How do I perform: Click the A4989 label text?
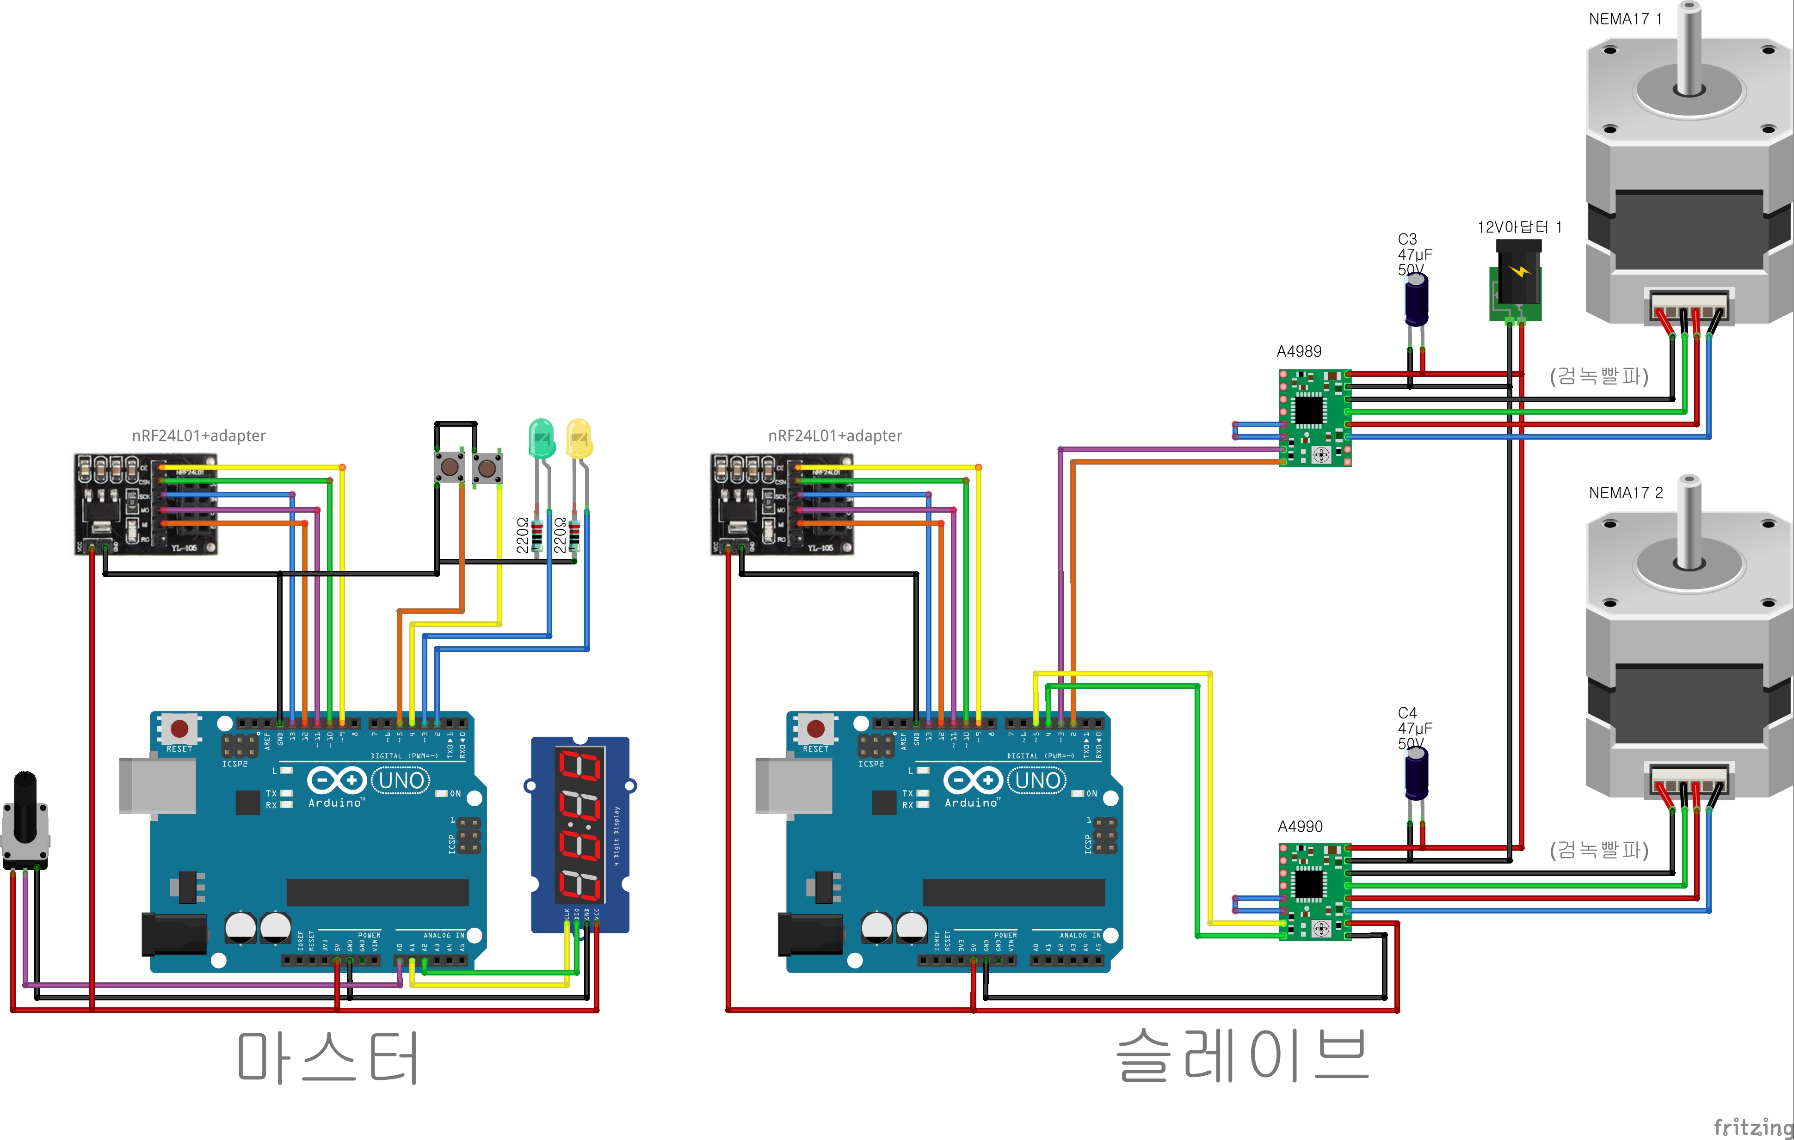click(1299, 351)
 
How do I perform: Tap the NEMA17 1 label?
click(1625, 18)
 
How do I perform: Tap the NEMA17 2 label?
click(1625, 493)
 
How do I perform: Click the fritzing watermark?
click(1752, 1127)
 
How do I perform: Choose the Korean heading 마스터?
click(328, 1057)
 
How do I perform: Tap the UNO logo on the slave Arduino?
click(1037, 780)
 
